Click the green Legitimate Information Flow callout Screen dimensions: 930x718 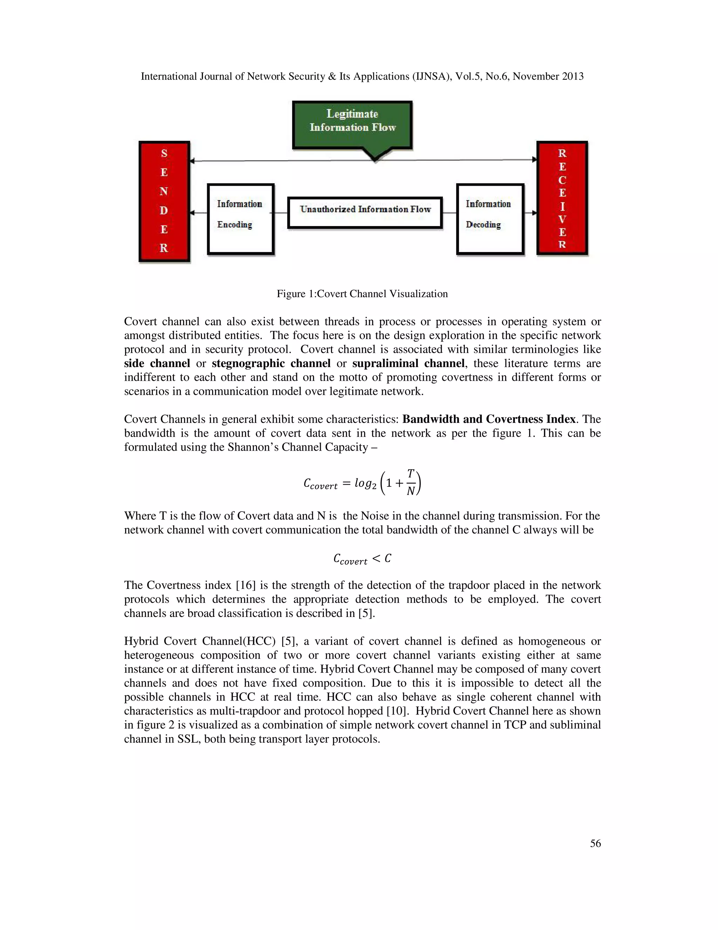(352, 125)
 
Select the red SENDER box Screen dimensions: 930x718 (164, 201)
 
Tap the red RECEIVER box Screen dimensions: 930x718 (562, 198)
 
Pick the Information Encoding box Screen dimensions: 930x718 (240, 219)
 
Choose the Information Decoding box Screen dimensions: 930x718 (489, 219)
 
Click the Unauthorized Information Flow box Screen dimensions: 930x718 (365, 212)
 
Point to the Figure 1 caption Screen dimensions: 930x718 (362, 294)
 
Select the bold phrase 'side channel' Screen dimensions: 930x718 (157, 363)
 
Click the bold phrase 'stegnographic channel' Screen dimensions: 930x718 (271, 363)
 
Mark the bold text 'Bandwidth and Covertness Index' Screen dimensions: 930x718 (489, 419)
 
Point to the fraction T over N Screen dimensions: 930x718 (411, 483)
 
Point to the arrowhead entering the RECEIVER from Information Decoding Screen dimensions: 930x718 (534, 212)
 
